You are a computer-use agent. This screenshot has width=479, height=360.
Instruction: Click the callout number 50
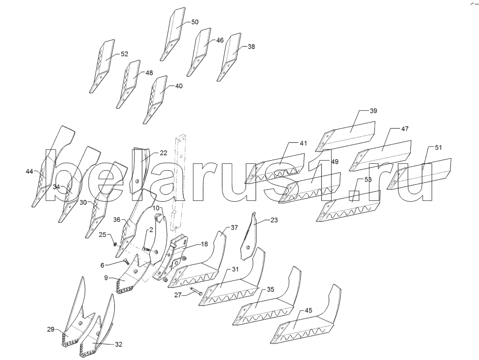[x=195, y=22]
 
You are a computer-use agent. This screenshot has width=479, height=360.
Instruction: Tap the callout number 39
[x=373, y=111]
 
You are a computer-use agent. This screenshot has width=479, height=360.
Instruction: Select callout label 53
[x=368, y=180]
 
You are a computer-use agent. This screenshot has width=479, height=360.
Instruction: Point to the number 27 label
[x=178, y=295]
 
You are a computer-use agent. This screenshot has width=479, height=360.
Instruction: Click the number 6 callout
[x=102, y=266]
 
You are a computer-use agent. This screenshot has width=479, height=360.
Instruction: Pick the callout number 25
[x=103, y=235]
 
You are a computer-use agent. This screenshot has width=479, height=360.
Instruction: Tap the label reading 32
[x=119, y=344]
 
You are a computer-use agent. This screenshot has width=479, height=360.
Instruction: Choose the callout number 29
[x=51, y=329]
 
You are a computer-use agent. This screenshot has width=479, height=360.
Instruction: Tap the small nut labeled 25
[x=115, y=244]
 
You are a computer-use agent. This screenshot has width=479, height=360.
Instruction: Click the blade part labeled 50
[x=173, y=34]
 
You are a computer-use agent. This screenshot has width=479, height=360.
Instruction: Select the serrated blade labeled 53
[x=348, y=206]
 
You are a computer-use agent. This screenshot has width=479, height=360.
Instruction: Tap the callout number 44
[x=30, y=172]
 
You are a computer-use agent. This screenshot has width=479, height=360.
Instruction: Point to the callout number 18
[x=204, y=244]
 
